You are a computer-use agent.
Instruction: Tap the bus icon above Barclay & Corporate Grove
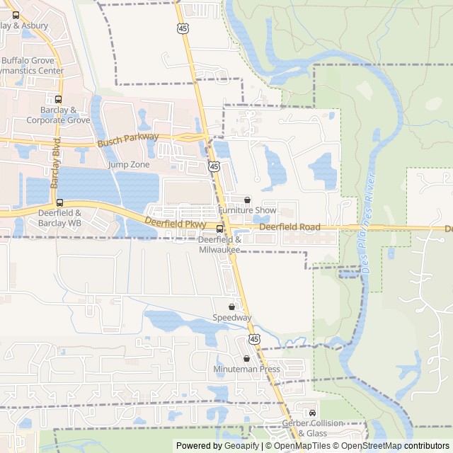tap(58, 99)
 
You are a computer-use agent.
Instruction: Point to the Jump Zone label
tap(129, 165)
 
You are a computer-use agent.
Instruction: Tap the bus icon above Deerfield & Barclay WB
tap(59, 202)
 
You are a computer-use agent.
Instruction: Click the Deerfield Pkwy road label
tap(175, 224)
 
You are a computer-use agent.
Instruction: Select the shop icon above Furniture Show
tap(247, 200)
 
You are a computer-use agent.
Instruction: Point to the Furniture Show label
tap(247, 211)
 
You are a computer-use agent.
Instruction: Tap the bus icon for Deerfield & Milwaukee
tap(219, 229)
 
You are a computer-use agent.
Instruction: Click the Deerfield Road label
tap(289, 227)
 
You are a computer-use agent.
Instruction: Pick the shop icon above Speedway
tap(232, 307)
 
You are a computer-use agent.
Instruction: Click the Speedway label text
tap(232, 319)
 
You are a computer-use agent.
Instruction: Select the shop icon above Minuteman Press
tap(246, 359)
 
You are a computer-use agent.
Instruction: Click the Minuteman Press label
tap(247, 369)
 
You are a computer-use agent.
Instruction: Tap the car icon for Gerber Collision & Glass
tap(312, 413)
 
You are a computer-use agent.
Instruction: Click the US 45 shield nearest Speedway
tap(254, 339)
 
